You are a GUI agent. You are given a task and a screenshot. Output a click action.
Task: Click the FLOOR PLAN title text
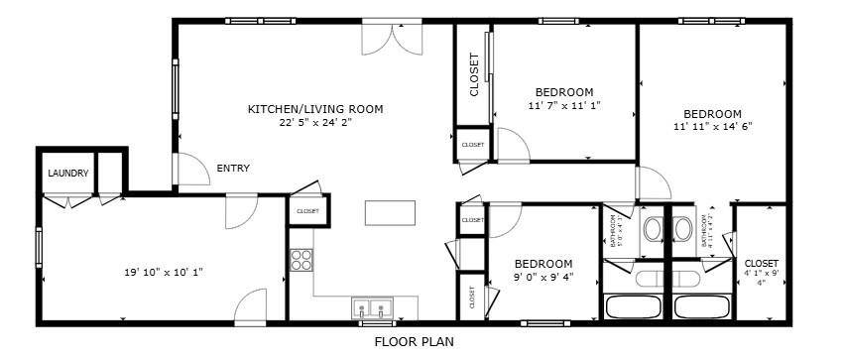pos(414,342)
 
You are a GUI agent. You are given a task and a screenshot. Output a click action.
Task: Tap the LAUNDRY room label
pos(68,174)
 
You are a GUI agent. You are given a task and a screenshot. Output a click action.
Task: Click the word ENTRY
pos(233,168)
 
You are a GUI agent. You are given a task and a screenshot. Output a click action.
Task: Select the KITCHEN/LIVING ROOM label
pos(314,109)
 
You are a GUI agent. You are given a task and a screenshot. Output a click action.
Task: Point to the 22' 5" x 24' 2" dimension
pos(314,123)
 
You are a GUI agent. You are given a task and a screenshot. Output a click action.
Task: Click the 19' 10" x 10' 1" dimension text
pos(164,271)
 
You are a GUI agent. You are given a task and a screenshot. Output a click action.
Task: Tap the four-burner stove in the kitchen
pos(301,261)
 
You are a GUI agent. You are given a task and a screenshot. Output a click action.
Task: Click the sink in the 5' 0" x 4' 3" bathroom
pos(653,230)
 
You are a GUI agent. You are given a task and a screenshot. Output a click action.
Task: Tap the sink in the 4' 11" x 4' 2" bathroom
pos(682,230)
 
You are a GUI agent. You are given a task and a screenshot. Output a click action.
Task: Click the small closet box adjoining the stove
pos(307,211)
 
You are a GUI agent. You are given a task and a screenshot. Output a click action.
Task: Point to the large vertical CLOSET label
pos(474,74)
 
